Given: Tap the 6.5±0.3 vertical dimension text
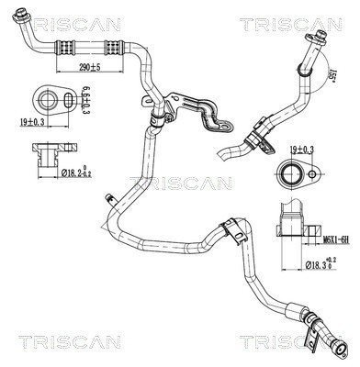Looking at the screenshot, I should [84, 96].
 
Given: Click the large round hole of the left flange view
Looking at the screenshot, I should [45, 96].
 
